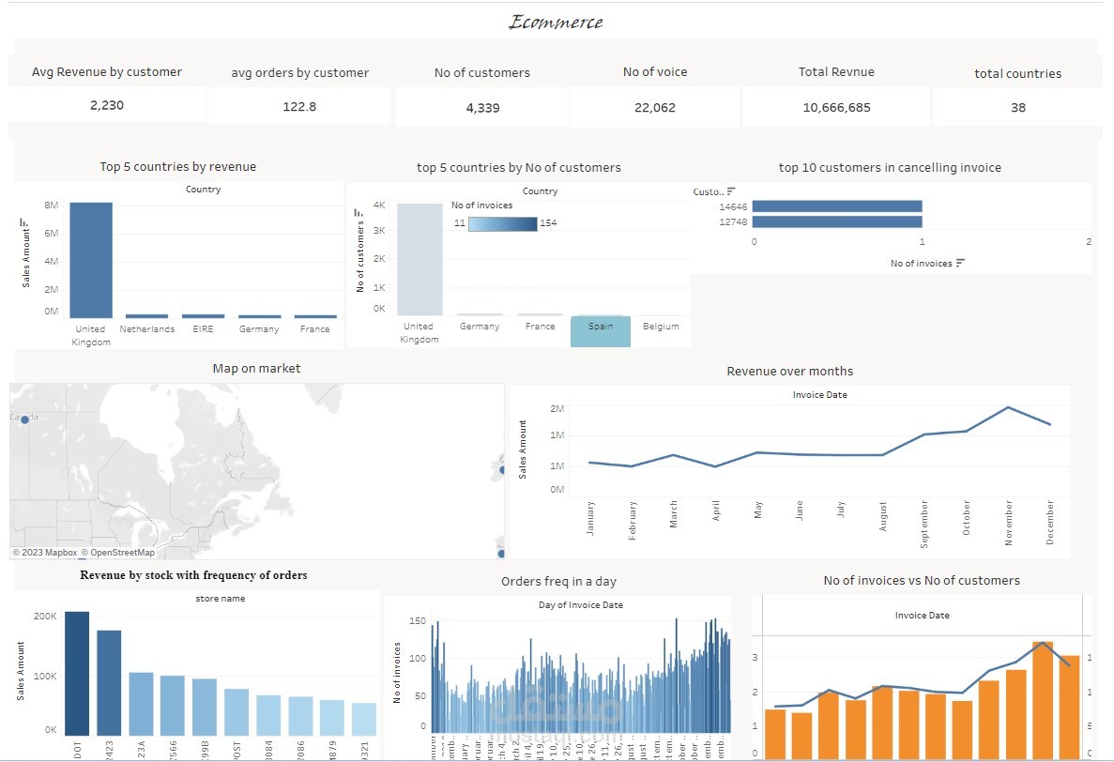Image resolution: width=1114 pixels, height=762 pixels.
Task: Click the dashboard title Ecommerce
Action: point(556,22)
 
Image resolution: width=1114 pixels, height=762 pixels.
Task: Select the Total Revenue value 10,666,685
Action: point(836,107)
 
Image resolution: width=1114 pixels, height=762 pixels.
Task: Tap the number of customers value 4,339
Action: point(482,107)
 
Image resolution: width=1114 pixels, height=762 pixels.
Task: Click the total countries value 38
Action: point(1018,107)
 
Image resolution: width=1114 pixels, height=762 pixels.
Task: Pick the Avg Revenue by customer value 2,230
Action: point(107,105)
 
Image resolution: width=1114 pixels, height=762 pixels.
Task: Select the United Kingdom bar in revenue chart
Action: point(91,260)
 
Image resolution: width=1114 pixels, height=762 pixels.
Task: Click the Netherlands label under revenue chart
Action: point(146,329)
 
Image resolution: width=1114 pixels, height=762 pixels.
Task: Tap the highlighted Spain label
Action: point(601,327)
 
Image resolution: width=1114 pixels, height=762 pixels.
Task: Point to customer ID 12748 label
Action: point(732,222)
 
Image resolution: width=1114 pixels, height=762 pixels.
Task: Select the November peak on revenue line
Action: point(1008,407)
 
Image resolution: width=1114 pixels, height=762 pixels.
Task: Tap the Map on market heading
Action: point(256,369)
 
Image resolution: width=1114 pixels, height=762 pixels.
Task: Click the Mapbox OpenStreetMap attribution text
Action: point(84,553)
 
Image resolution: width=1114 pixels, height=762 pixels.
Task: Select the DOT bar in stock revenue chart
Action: point(77,673)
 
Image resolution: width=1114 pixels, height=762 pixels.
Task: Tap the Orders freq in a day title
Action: point(558,582)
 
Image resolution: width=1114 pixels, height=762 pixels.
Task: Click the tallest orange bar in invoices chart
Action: point(1043,700)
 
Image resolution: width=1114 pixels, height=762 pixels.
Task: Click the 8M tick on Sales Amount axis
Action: point(51,205)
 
